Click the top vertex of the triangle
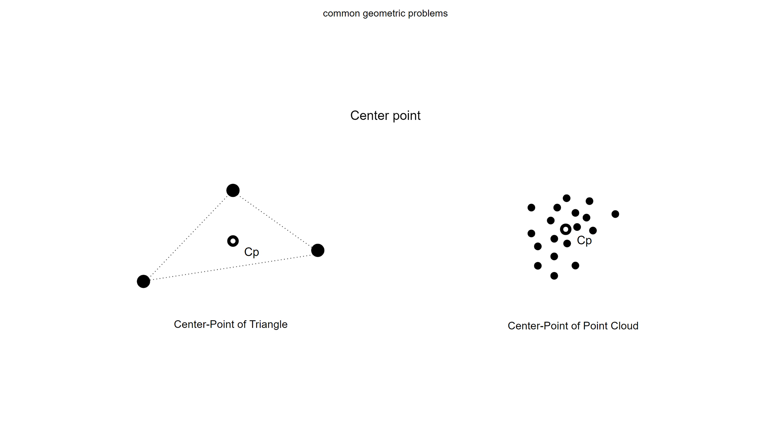pyautogui.click(x=233, y=190)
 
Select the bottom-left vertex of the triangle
pyautogui.click(x=143, y=281)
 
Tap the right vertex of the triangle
pyautogui.click(x=318, y=250)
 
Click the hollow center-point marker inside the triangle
pyautogui.click(x=233, y=241)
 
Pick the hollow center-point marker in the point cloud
pyautogui.click(x=566, y=229)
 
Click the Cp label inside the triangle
pyautogui.click(x=251, y=252)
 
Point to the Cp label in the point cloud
pyautogui.click(x=584, y=240)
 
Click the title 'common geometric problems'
pyautogui.click(x=385, y=13)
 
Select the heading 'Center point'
pyautogui.click(x=385, y=116)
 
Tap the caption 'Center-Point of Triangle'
pyautogui.click(x=231, y=324)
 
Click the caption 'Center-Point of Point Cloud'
pyautogui.click(x=573, y=326)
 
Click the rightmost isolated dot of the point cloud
pyautogui.click(x=615, y=214)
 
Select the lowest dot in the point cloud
pyautogui.click(x=554, y=276)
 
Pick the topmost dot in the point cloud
pyautogui.click(x=566, y=198)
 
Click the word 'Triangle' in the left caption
pyautogui.click(x=268, y=324)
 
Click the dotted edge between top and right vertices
pyautogui.click(x=275, y=220)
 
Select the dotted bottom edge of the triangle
pyautogui.click(x=230, y=266)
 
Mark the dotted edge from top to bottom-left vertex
pyautogui.click(x=188, y=236)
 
